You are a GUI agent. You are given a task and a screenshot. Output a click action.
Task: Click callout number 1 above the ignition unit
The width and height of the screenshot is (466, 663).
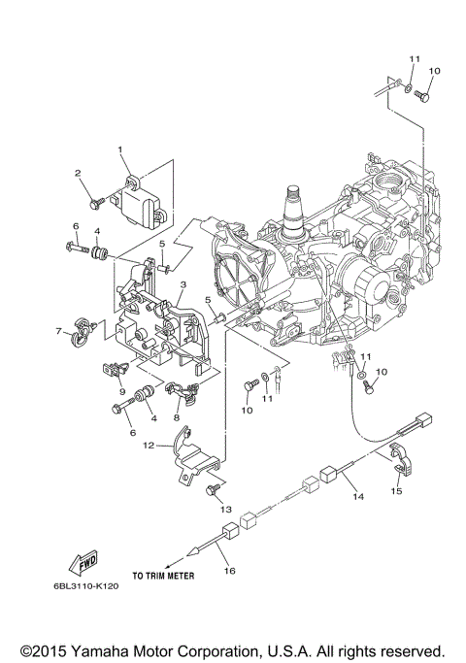click(x=121, y=149)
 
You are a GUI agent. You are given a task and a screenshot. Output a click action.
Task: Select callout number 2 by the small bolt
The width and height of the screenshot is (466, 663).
click(x=78, y=173)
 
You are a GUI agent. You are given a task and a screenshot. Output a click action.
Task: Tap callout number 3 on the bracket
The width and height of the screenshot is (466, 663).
click(x=182, y=283)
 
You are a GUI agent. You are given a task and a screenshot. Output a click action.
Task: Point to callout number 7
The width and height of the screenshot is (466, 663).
click(x=58, y=331)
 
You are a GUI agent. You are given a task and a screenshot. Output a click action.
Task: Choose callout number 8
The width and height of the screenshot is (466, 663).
click(x=176, y=417)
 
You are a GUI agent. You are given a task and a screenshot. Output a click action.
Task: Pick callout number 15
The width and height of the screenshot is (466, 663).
click(x=395, y=492)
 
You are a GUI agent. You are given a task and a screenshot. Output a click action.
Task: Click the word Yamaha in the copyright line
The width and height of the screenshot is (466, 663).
click(x=121, y=649)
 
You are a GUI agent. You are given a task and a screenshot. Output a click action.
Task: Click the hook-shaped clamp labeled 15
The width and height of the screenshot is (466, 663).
click(x=398, y=456)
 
